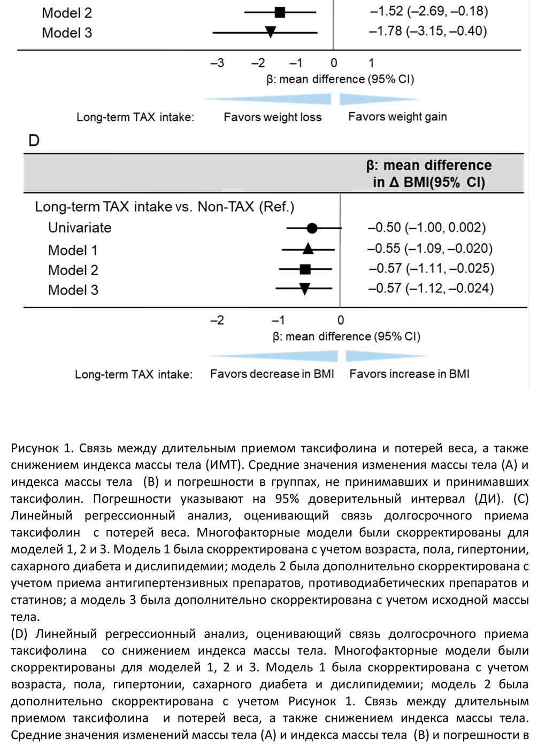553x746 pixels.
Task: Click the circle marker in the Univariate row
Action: pyautogui.click(x=312, y=229)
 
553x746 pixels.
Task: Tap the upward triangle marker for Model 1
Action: pyautogui.click(x=308, y=248)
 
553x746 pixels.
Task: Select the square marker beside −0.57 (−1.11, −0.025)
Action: pyautogui.click(x=305, y=269)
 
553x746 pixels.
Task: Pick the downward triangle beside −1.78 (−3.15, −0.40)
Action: pyautogui.click(x=271, y=32)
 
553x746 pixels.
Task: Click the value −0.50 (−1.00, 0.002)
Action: pyautogui.click(x=427, y=228)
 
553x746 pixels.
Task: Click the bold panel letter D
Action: pyautogui.click(x=34, y=141)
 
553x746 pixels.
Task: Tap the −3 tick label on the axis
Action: pyautogui.click(x=217, y=63)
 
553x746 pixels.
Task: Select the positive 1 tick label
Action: pyautogui.click(x=371, y=63)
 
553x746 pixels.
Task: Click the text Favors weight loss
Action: pyautogui.click(x=273, y=117)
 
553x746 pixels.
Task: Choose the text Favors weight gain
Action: pyautogui.click(x=397, y=116)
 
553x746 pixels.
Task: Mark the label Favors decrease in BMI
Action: pyautogui.click(x=272, y=374)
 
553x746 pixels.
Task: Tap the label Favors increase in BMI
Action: pyautogui.click(x=409, y=374)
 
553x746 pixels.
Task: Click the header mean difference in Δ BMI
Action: pyautogui.click(x=429, y=174)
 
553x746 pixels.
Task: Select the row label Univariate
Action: pyautogui.click(x=80, y=228)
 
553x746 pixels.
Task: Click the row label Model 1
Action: pyautogui.click(x=73, y=250)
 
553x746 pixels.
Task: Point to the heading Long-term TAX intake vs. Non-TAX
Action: pyautogui.click(x=165, y=207)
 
